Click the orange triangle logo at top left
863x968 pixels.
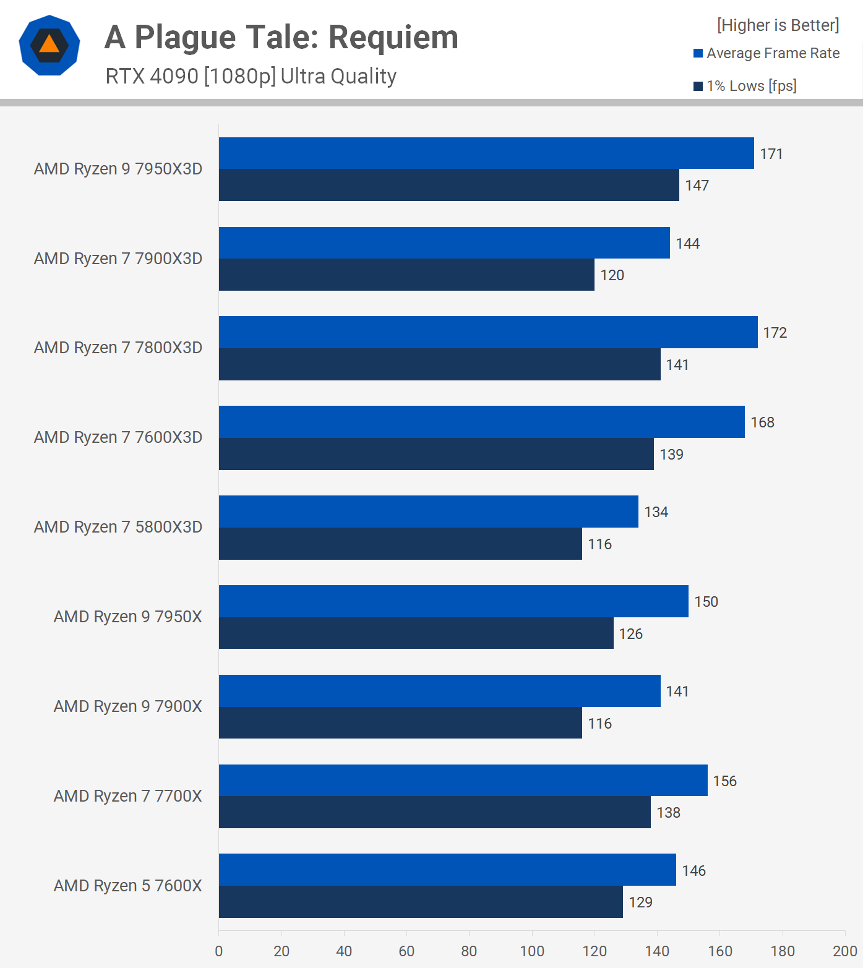49,45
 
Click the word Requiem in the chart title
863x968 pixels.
393,37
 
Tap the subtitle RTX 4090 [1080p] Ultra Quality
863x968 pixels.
251,76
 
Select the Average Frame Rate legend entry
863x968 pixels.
766,53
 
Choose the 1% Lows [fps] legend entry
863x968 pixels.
745,86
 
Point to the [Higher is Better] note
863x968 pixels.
778,25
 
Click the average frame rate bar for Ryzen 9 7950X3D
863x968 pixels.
486,153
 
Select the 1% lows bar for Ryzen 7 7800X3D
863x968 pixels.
439,364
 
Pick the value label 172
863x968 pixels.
775,333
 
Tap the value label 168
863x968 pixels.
762,422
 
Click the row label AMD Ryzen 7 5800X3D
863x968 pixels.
118,527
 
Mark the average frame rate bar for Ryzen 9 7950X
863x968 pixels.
453,601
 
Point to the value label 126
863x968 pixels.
630,634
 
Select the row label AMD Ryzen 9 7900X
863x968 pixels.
127,706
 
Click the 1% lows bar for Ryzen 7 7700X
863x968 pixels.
434,812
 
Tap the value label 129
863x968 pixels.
640,902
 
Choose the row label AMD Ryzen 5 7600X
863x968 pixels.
127,886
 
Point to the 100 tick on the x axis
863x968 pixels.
532,951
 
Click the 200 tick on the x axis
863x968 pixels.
844,951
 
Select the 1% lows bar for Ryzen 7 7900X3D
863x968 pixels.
406,275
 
